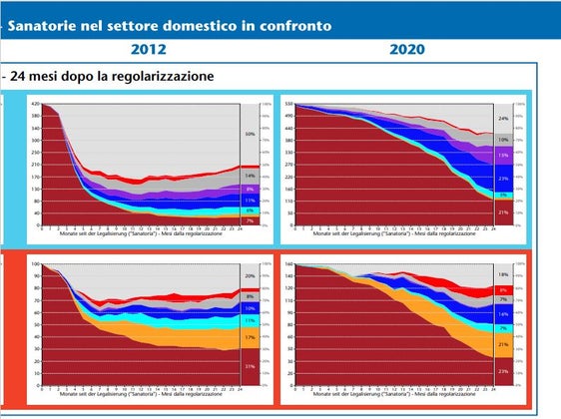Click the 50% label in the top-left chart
point(250,133)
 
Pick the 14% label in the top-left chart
point(250,176)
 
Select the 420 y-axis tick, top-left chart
point(33,104)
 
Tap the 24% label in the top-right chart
point(503,119)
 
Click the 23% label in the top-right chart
point(503,179)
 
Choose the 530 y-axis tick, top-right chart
point(287,104)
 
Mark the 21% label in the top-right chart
point(503,212)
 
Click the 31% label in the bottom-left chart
point(250,367)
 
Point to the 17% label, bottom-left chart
point(250,337)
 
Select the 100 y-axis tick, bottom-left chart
point(34,264)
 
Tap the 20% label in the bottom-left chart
point(250,275)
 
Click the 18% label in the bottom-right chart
point(503,273)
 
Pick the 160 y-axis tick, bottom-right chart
point(287,264)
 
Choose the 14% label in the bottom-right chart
point(503,313)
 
